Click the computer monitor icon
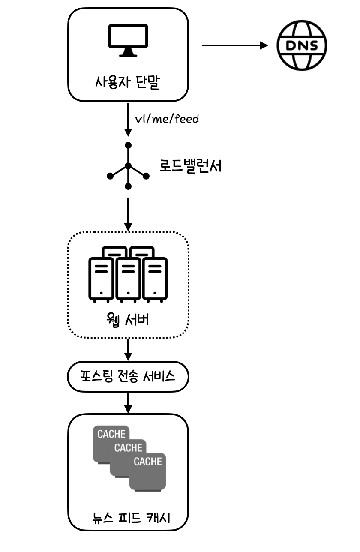[x=128, y=40]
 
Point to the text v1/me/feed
[x=167, y=119]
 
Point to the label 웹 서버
[x=128, y=320]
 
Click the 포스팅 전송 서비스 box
[x=128, y=377]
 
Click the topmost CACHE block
[x=111, y=434]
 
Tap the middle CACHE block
[x=128, y=448]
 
